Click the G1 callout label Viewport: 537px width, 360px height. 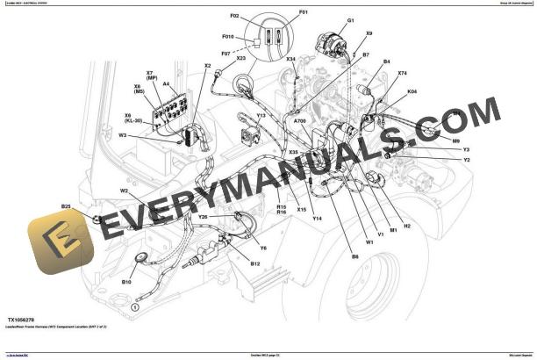point(350,20)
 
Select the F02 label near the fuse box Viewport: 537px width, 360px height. point(234,16)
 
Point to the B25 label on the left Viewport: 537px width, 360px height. point(66,206)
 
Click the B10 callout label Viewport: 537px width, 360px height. point(126,282)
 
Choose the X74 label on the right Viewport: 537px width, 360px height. point(402,74)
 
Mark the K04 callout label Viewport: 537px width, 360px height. point(412,90)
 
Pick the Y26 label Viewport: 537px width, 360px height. point(203,216)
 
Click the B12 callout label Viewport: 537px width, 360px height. point(255,263)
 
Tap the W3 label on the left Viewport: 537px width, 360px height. point(123,135)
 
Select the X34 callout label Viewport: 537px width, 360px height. point(290,60)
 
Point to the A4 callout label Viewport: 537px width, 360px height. point(166,84)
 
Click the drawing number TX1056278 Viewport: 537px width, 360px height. point(24,320)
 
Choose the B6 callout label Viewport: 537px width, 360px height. point(355,256)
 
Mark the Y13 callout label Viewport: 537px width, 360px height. point(261,115)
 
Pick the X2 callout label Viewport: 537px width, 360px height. point(208,66)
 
